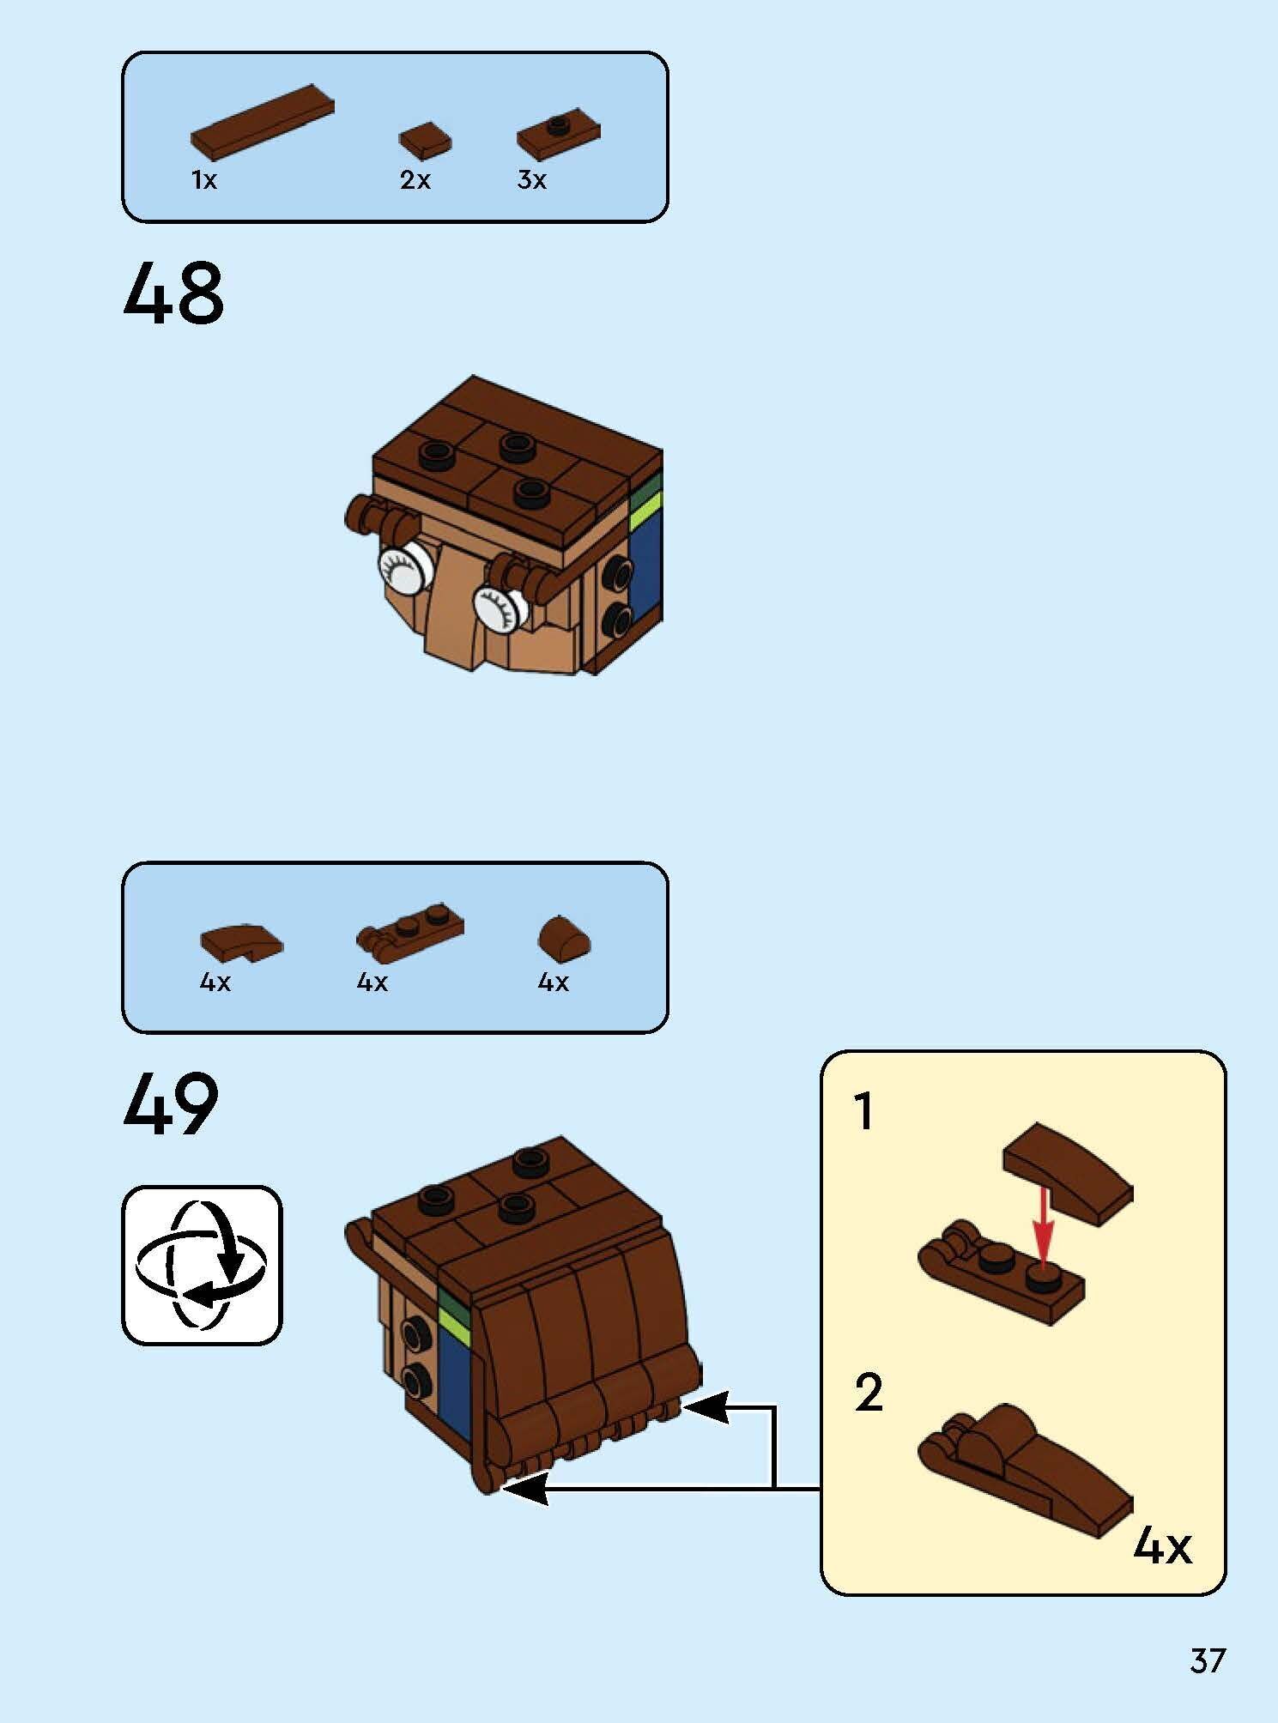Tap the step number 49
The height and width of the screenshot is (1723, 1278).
click(x=172, y=1105)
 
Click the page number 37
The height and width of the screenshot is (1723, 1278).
click(x=1208, y=1661)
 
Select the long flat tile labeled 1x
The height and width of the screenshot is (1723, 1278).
click(x=262, y=121)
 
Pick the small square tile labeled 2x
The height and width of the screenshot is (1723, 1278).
click(x=425, y=140)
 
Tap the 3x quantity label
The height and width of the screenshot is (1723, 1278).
click(x=531, y=180)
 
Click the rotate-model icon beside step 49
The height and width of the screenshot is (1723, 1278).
click(x=202, y=1266)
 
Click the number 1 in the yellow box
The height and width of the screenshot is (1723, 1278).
click(x=864, y=1112)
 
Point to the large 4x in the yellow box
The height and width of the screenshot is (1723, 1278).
click(x=1162, y=1546)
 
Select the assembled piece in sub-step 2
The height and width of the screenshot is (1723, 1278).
click(x=1021, y=1467)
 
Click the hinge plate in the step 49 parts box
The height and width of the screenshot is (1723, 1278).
click(x=410, y=928)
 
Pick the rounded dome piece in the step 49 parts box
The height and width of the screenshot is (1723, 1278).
click(x=564, y=940)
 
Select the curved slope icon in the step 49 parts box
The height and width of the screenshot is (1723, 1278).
click(x=240, y=944)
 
